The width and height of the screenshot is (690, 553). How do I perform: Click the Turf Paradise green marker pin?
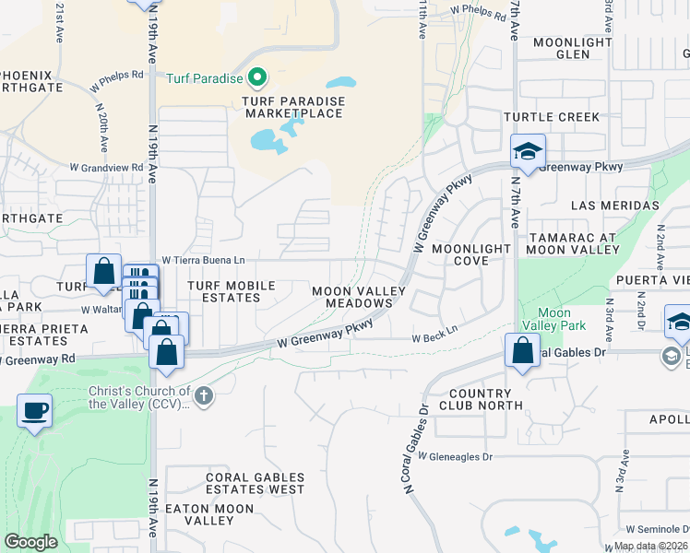257,78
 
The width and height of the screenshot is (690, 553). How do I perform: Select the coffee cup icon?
35,410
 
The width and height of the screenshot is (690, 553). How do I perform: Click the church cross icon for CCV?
204,396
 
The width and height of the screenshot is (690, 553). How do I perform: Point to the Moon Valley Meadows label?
358,297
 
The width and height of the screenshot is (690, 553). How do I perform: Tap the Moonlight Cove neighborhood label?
471,254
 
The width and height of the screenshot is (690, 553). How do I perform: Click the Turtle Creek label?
552,117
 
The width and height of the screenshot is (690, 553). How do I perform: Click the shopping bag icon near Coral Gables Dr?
522,350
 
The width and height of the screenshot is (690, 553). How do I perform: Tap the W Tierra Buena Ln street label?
204,260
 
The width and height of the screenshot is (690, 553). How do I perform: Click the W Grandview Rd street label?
107,168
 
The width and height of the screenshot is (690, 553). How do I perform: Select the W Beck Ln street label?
434,338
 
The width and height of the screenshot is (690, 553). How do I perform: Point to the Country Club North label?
481,399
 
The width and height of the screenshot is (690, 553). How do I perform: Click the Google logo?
30,542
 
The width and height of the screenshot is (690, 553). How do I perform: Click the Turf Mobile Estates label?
237,292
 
